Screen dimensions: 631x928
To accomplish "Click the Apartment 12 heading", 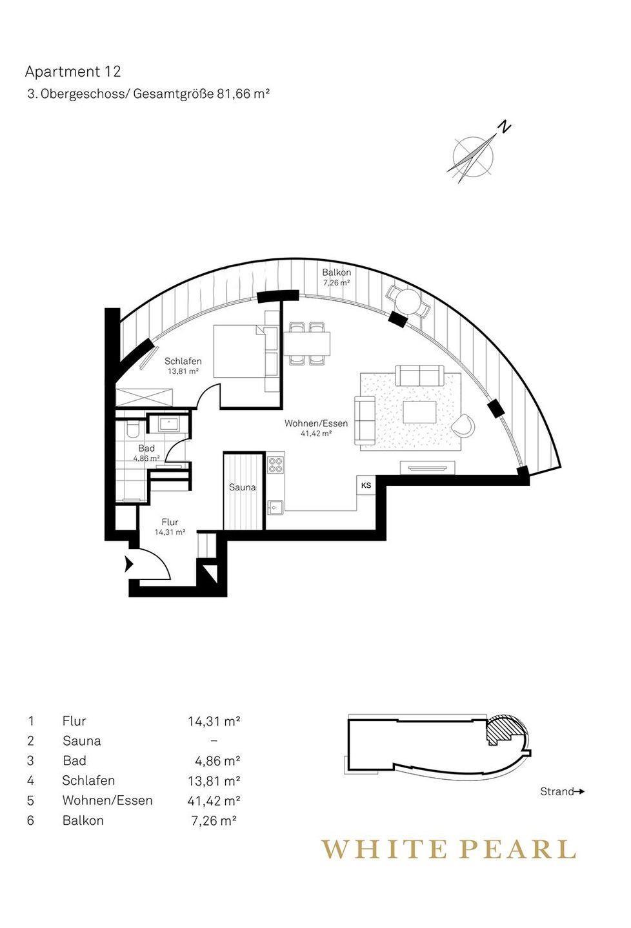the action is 73,72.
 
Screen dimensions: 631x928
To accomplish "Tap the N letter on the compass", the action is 505,126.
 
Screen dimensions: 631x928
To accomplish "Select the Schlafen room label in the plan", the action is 183,362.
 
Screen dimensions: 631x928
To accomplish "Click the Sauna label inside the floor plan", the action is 243,488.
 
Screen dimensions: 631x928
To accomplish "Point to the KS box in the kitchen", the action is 366,485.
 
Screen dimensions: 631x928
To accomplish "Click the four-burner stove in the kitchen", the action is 275,465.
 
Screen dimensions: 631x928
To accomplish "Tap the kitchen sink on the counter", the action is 275,507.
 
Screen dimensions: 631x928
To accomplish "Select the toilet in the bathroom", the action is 132,430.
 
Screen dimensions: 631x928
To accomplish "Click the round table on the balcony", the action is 406,301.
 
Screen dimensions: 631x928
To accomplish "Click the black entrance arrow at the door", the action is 128,565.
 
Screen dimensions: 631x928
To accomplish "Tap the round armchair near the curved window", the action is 465,425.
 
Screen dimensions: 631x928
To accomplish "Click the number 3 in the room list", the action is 30,761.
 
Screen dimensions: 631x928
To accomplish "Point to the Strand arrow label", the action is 562,791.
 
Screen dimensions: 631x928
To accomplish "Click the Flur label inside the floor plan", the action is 170,523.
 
